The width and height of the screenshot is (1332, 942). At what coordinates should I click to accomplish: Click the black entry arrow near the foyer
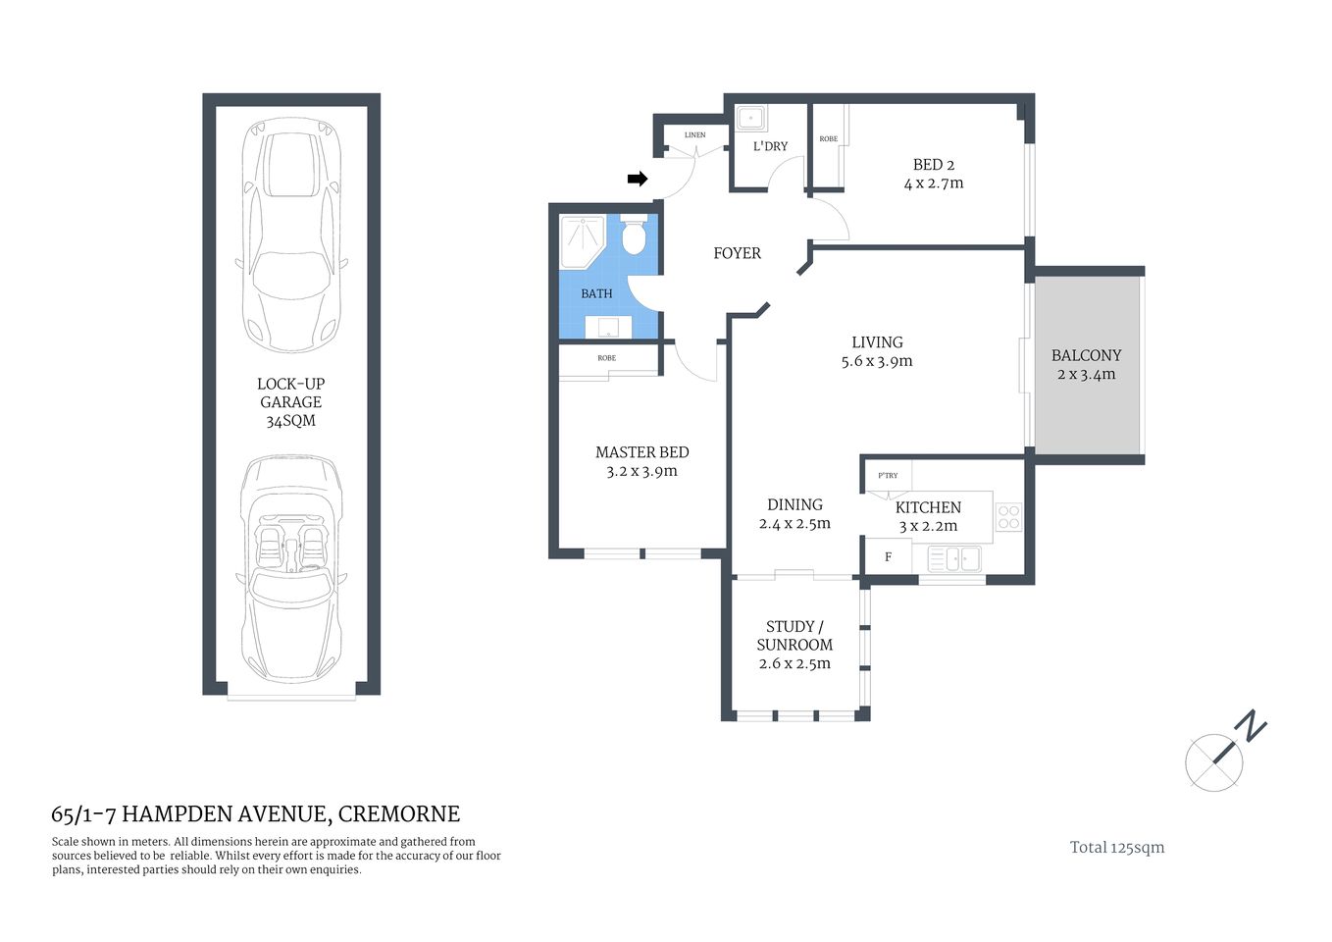(x=638, y=179)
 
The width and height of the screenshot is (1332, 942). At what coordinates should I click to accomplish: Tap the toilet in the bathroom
(x=634, y=235)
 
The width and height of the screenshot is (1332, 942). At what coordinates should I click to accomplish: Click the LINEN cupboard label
(x=694, y=135)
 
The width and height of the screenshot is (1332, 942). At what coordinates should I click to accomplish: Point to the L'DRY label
(x=770, y=146)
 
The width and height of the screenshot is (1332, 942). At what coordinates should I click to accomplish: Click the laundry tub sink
(x=752, y=118)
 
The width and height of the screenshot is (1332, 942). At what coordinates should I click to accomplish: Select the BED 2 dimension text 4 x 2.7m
(x=933, y=183)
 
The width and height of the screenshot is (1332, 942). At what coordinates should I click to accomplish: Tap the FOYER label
(x=737, y=253)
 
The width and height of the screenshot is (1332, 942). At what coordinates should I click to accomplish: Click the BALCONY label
(x=1086, y=355)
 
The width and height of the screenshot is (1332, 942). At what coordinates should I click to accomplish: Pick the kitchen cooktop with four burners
(x=1008, y=517)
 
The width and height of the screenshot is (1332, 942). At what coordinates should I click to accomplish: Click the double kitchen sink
(x=954, y=559)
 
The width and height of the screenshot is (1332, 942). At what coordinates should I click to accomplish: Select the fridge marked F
(x=888, y=557)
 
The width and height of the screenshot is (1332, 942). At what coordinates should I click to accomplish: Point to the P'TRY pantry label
(x=888, y=475)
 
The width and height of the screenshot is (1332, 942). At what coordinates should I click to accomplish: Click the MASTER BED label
(x=641, y=452)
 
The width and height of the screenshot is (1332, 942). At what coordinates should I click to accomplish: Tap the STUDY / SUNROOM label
(x=794, y=636)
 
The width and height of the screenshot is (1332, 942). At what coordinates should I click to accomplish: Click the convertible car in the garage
(x=290, y=569)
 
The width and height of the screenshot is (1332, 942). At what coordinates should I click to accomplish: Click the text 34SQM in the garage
(x=290, y=421)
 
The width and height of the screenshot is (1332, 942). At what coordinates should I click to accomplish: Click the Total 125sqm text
(x=1116, y=848)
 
